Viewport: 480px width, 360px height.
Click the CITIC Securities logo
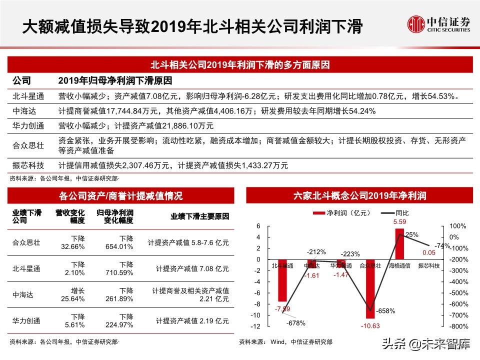click(x=438, y=23)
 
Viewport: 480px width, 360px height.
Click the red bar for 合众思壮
click(x=370, y=288)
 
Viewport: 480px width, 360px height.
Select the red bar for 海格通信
click(x=399, y=243)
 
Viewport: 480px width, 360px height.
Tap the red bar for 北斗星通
click(x=283, y=280)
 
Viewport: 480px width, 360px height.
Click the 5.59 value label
click(x=399, y=221)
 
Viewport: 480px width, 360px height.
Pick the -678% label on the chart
click(x=296, y=322)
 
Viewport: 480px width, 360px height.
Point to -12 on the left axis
click(x=257, y=326)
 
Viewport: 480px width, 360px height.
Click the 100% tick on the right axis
click(x=458, y=226)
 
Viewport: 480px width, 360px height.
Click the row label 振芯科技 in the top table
click(x=28, y=165)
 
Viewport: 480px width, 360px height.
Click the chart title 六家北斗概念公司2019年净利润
click(x=359, y=195)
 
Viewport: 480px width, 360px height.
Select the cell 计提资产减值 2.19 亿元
click(x=192, y=321)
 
